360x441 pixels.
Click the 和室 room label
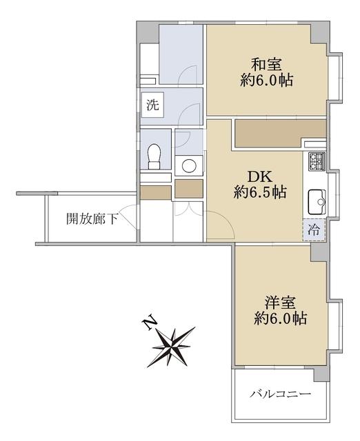(266, 65)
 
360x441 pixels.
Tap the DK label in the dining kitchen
(260, 177)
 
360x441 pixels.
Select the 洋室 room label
(280, 303)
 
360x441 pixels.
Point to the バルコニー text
(280, 393)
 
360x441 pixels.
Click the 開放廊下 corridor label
(92, 218)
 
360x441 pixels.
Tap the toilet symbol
(154, 156)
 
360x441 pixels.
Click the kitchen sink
(317, 202)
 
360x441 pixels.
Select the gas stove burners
(317, 161)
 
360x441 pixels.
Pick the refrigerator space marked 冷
(314, 229)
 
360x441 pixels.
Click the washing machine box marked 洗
(152, 105)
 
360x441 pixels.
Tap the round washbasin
(189, 165)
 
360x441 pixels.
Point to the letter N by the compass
(150, 322)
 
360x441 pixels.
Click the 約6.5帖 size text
(260, 192)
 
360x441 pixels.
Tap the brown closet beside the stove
(280, 134)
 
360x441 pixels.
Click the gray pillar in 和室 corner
(320, 33)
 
